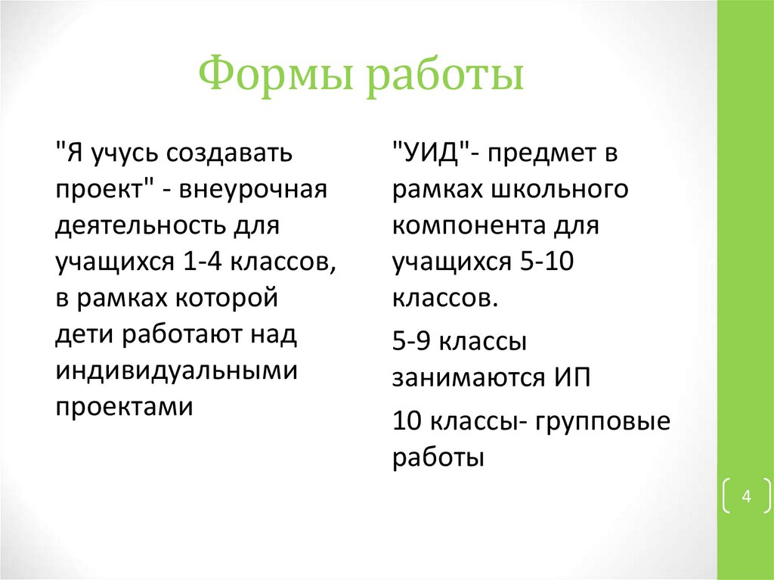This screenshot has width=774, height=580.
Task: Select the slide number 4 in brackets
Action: point(746,497)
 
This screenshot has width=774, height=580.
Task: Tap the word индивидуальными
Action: point(174,371)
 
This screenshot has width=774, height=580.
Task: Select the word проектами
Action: point(124,407)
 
